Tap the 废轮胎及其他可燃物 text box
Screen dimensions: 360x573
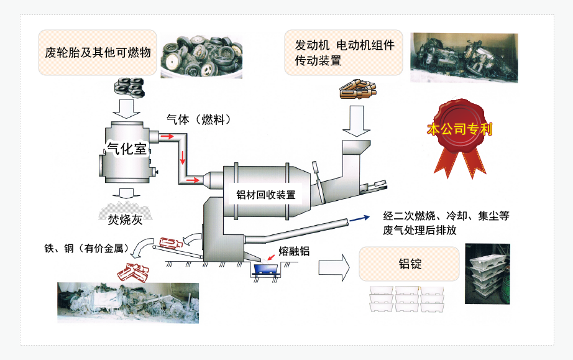point(97,52)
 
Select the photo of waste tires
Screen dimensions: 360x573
point(201,57)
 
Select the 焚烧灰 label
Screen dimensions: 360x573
point(125,219)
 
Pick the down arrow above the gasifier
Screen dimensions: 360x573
point(129,109)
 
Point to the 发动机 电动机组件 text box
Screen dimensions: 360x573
point(344,52)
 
